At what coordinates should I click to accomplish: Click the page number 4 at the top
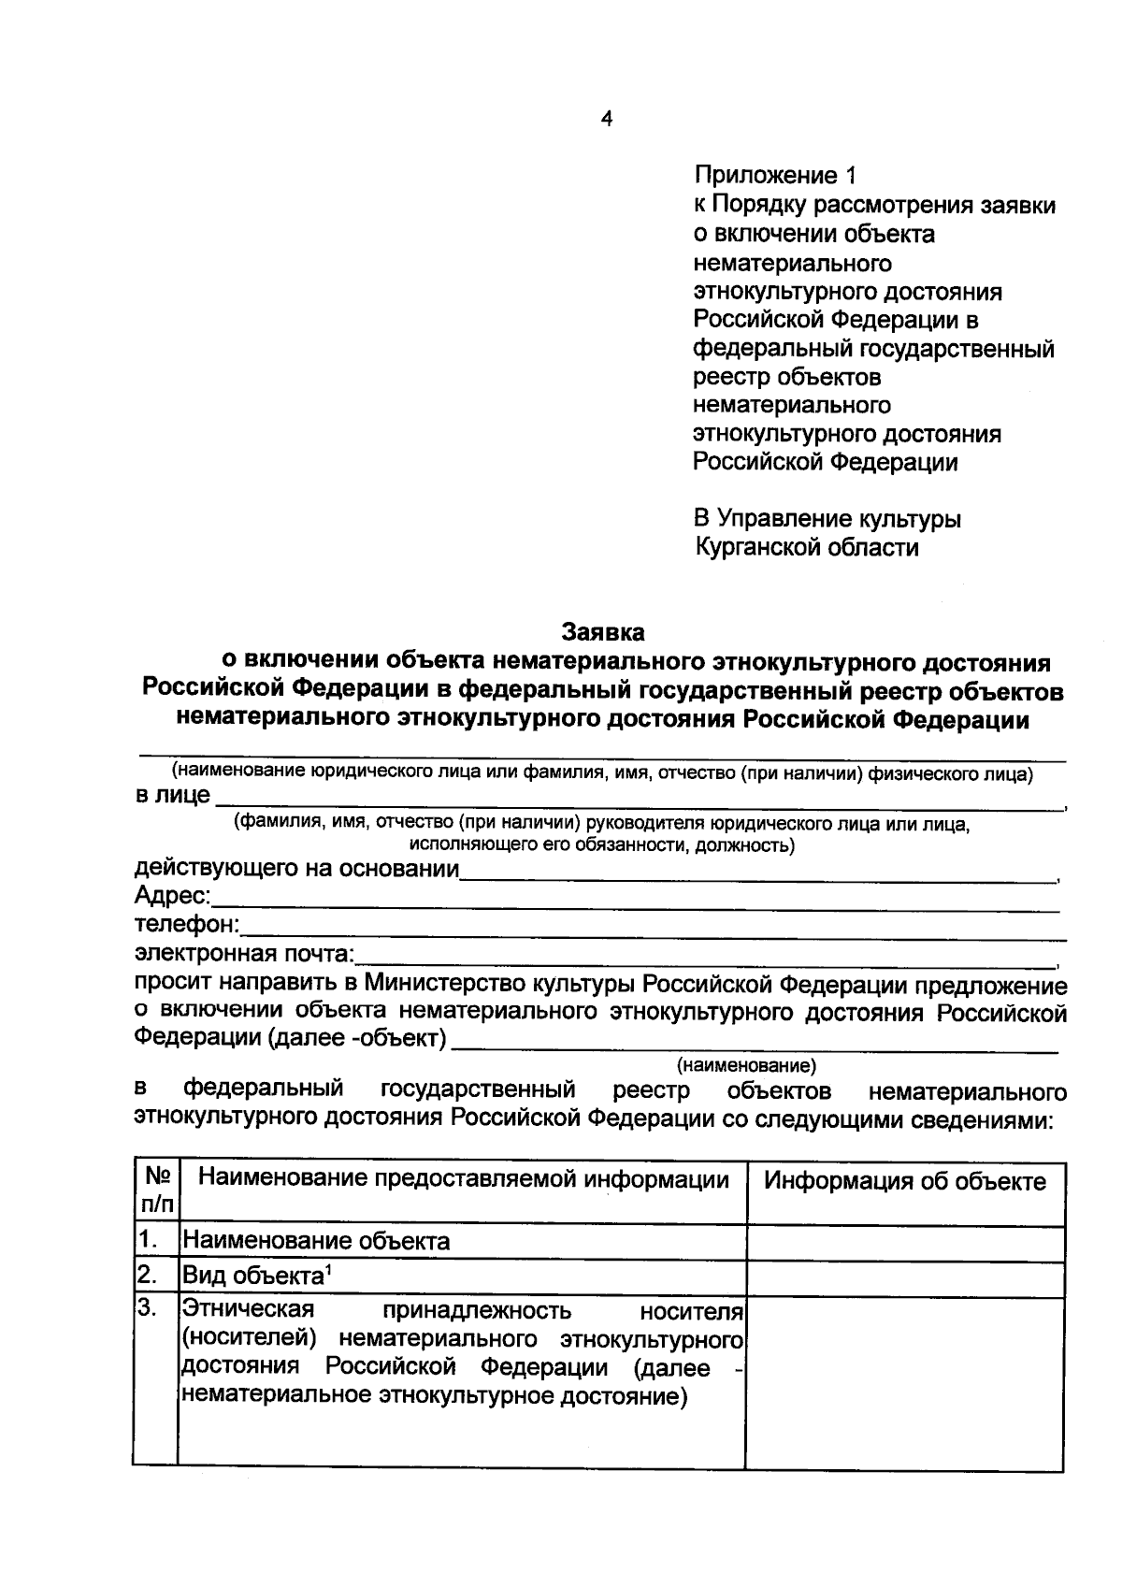pyautogui.click(x=607, y=120)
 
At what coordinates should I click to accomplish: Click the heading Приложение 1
pyautogui.click(x=774, y=176)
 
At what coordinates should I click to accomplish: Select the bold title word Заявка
pyautogui.click(x=603, y=632)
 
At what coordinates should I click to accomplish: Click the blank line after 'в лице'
pyautogui.click(x=636, y=801)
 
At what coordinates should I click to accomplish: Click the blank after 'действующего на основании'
pyautogui.click(x=757, y=873)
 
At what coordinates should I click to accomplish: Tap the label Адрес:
pyautogui.click(x=173, y=896)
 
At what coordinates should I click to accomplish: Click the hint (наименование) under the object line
pyautogui.click(x=746, y=1064)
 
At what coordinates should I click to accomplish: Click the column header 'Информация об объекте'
pyautogui.click(x=904, y=1181)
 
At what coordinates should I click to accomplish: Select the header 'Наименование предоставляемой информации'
pyautogui.click(x=464, y=1180)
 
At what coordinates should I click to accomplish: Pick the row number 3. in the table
pyautogui.click(x=147, y=1307)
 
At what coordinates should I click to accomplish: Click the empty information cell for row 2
pyautogui.click(x=904, y=1277)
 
